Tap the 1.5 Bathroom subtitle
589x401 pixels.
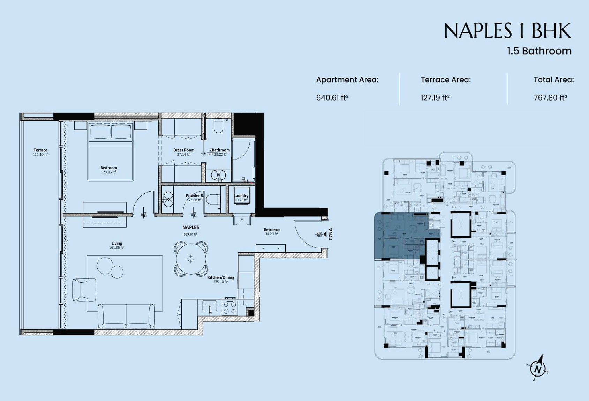click(x=539, y=51)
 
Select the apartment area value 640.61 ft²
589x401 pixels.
click(x=332, y=98)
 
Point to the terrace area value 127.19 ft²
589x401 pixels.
click(x=435, y=98)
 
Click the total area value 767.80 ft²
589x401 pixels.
click(x=550, y=98)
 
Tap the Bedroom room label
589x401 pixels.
click(x=109, y=168)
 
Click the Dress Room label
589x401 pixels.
click(x=184, y=150)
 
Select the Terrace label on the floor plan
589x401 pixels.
click(x=40, y=150)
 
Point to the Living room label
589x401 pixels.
click(x=117, y=243)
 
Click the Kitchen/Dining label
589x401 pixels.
click(x=221, y=277)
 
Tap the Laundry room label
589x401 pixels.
click(x=241, y=196)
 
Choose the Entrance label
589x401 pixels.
click(x=272, y=230)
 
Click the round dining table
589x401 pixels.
click(x=191, y=259)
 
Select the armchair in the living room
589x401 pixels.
click(x=84, y=289)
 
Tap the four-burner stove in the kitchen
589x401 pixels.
click(x=230, y=307)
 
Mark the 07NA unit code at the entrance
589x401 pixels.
click(x=331, y=234)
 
